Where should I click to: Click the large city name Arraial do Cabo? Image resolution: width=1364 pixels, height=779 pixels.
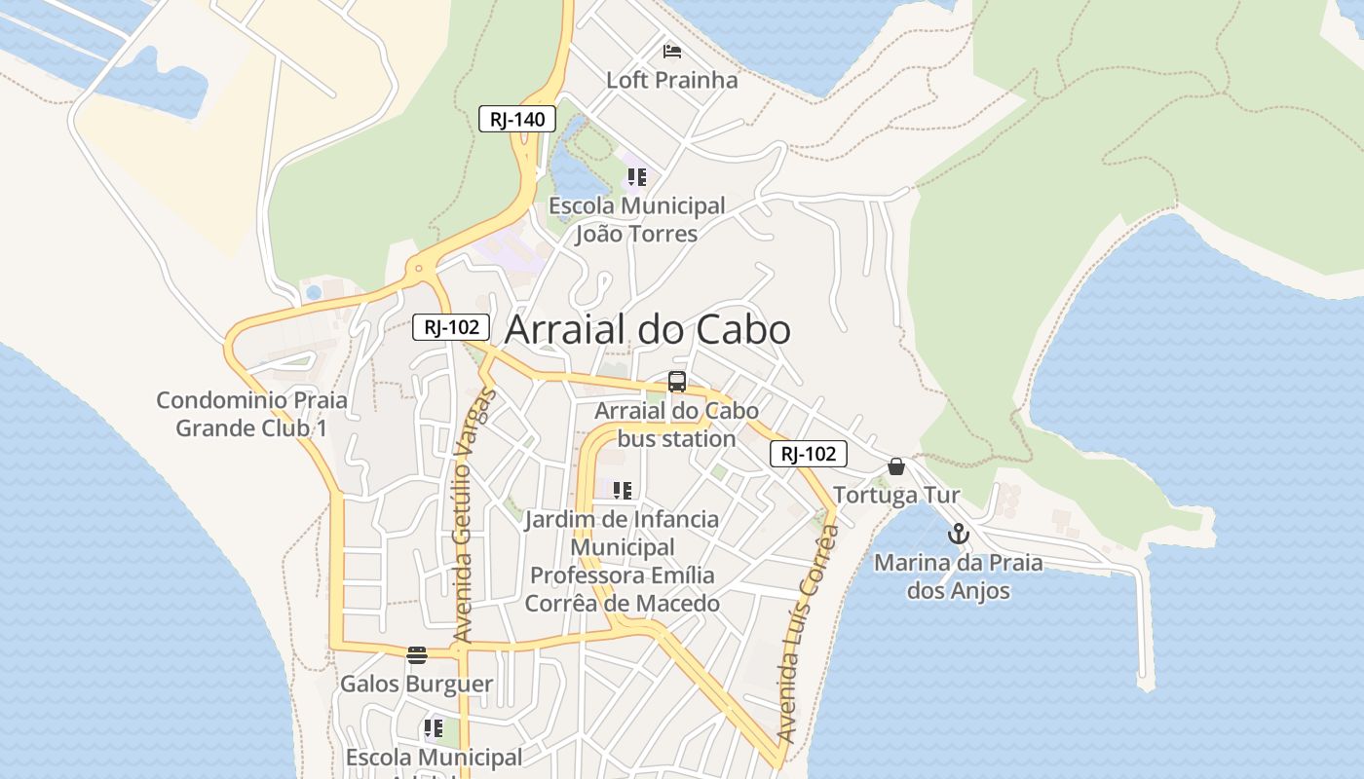pos(647,330)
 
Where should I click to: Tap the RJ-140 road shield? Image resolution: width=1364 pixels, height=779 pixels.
pos(517,119)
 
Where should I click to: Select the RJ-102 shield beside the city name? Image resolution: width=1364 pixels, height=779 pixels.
pos(451,327)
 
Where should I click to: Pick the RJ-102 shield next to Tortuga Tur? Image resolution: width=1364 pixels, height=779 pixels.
pos(809,453)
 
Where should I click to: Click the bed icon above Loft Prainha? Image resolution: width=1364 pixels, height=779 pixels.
pos(671,51)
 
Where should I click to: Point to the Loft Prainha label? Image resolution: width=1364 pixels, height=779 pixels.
pos(671,80)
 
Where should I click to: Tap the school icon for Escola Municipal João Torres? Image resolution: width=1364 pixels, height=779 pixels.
pos(636,177)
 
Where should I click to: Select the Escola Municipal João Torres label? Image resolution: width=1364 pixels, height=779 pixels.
pos(637,220)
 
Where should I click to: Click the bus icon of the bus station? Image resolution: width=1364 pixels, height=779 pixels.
pos(676,381)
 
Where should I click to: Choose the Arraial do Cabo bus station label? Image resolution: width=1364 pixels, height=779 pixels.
pos(676,425)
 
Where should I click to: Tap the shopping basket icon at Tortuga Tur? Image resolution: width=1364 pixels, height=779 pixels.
pos(896,466)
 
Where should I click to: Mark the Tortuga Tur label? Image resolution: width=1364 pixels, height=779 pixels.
pos(896,496)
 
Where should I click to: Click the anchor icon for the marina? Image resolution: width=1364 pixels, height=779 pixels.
pos(959,534)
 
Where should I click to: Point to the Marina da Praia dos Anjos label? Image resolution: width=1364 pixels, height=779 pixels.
pos(958,576)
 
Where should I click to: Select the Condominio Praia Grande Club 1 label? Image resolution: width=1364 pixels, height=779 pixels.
pos(251,414)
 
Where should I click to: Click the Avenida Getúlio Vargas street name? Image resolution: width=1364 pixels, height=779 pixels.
pos(475,516)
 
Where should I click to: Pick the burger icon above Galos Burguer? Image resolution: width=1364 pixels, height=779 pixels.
pos(417,654)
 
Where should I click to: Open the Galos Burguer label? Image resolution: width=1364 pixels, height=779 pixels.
pos(416,684)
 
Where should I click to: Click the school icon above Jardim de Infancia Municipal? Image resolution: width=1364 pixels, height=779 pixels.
pos(623,490)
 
